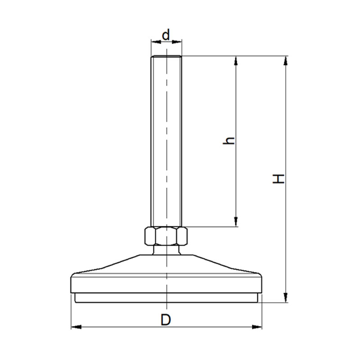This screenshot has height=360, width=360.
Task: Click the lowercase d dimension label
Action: tap(166, 35)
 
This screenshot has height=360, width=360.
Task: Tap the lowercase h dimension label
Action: tap(229, 140)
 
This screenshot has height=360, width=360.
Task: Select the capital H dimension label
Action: tap(278, 179)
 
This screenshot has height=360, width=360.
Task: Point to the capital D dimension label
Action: tap(166, 320)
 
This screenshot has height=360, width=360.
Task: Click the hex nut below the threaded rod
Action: tap(166, 236)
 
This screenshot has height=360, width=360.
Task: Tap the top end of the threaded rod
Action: tap(166, 57)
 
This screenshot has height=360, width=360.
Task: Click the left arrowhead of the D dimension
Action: tap(76, 327)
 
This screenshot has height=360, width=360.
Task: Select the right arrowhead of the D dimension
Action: tap(257, 327)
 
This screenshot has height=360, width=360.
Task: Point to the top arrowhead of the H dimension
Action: tap(285, 61)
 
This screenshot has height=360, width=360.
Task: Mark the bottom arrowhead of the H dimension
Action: tap(285, 297)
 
